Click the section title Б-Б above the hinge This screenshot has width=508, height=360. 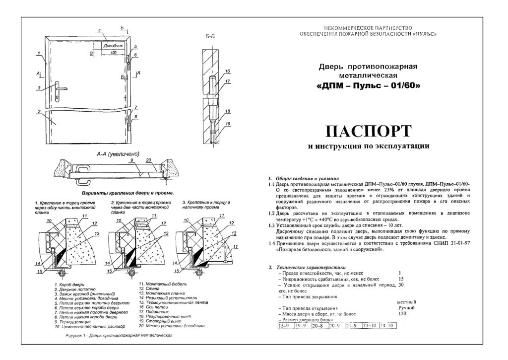click(x=210, y=37)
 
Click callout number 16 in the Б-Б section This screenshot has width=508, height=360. click(x=228, y=71)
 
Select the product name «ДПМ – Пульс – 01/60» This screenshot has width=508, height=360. click(x=368, y=85)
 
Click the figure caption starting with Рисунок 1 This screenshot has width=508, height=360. click(x=119, y=336)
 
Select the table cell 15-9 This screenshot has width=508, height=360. click(x=284, y=326)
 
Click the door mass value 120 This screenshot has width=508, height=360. click(x=402, y=314)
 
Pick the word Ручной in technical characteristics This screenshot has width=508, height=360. click(x=406, y=308)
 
